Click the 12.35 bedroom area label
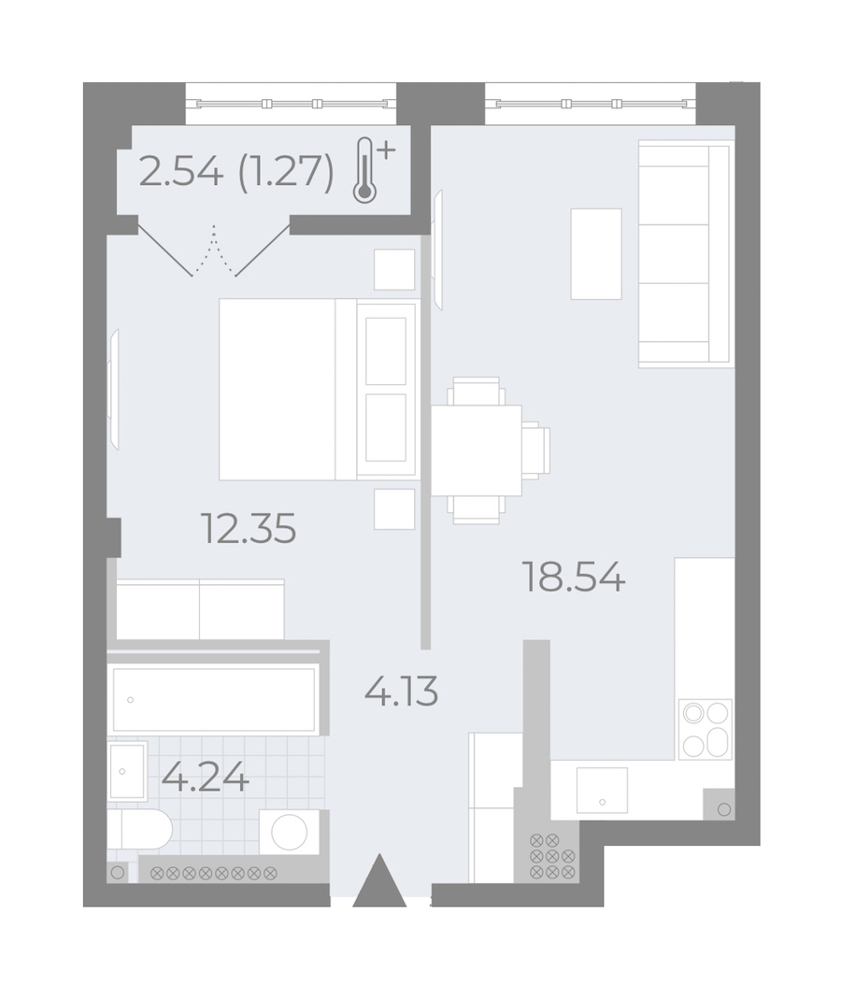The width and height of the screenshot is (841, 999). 249,529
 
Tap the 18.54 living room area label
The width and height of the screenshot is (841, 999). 574,578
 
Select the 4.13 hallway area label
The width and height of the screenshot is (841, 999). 402,692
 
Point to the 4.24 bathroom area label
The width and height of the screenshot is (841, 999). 206,777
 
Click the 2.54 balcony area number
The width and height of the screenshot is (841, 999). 181,171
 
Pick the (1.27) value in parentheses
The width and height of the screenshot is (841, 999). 286,172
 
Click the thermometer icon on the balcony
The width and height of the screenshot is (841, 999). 372,169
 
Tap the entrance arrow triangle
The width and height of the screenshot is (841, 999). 379,880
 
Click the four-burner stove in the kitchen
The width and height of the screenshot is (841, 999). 706,729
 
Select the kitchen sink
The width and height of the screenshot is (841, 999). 602,790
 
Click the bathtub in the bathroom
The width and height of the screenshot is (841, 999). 214,699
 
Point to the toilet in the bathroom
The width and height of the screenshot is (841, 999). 140,830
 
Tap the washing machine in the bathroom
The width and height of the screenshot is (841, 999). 290,832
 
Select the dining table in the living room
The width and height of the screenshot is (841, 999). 477,450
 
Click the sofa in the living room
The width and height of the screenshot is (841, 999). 684,253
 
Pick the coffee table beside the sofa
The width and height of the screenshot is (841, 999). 596,253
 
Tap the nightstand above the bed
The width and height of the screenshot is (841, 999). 394,269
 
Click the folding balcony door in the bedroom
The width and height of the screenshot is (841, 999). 214,249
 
